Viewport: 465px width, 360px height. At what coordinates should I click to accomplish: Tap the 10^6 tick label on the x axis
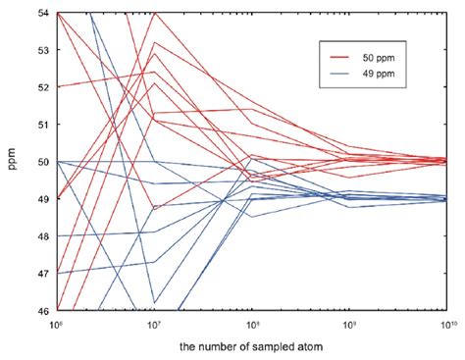[59, 324]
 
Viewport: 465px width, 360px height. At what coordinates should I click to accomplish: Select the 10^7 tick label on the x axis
[156, 324]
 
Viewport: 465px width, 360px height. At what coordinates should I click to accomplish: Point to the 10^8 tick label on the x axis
[253, 324]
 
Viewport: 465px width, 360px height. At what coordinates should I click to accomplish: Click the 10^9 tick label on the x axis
[350, 324]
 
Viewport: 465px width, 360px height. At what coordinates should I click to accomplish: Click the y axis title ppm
[14, 162]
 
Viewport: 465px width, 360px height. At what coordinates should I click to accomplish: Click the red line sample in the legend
[341, 58]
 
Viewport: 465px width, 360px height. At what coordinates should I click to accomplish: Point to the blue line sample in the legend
[341, 74]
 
